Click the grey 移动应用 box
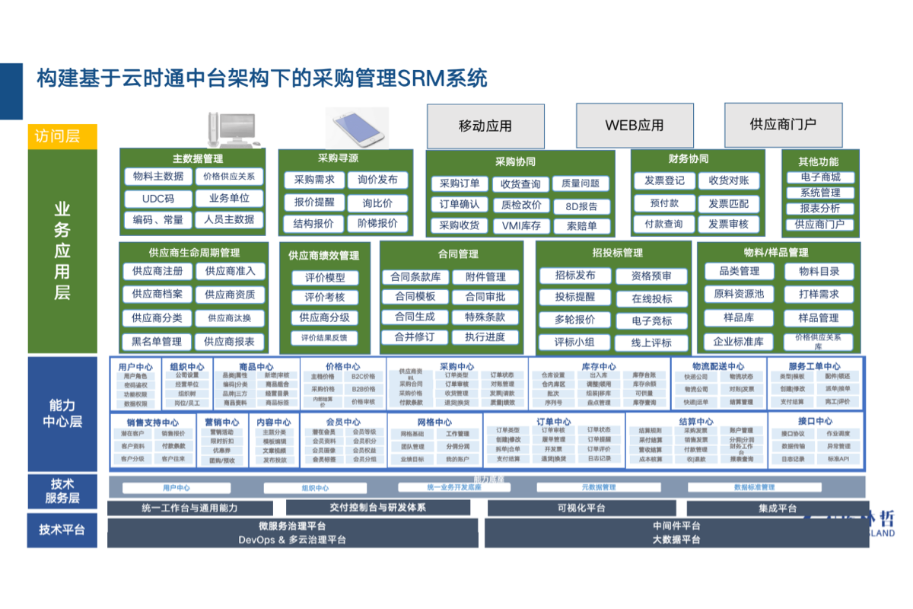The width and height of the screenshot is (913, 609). click(x=485, y=126)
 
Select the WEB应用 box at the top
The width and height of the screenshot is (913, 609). click(x=635, y=126)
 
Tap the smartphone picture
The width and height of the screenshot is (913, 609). click(x=358, y=127)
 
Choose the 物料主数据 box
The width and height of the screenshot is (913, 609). click(x=158, y=177)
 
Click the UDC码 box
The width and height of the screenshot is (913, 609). click(x=158, y=199)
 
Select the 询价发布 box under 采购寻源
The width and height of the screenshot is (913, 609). click(x=378, y=180)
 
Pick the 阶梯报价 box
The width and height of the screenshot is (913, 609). click(x=378, y=224)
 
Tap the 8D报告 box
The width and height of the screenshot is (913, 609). click(x=581, y=206)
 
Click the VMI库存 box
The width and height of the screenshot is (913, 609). click(x=521, y=226)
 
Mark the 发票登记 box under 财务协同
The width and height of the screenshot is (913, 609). click(x=664, y=181)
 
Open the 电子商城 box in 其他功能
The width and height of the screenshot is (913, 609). click(x=820, y=177)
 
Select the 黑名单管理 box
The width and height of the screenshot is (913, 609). click(x=157, y=342)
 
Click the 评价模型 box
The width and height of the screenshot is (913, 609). click(x=325, y=279)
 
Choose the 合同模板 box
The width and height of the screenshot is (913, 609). click(x=415, y=297)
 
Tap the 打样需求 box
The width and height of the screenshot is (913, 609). click(x=819, y=295)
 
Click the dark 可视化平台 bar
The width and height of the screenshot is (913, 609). click(x=581, y=509)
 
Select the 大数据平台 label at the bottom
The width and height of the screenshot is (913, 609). click(x=676, y=540)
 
